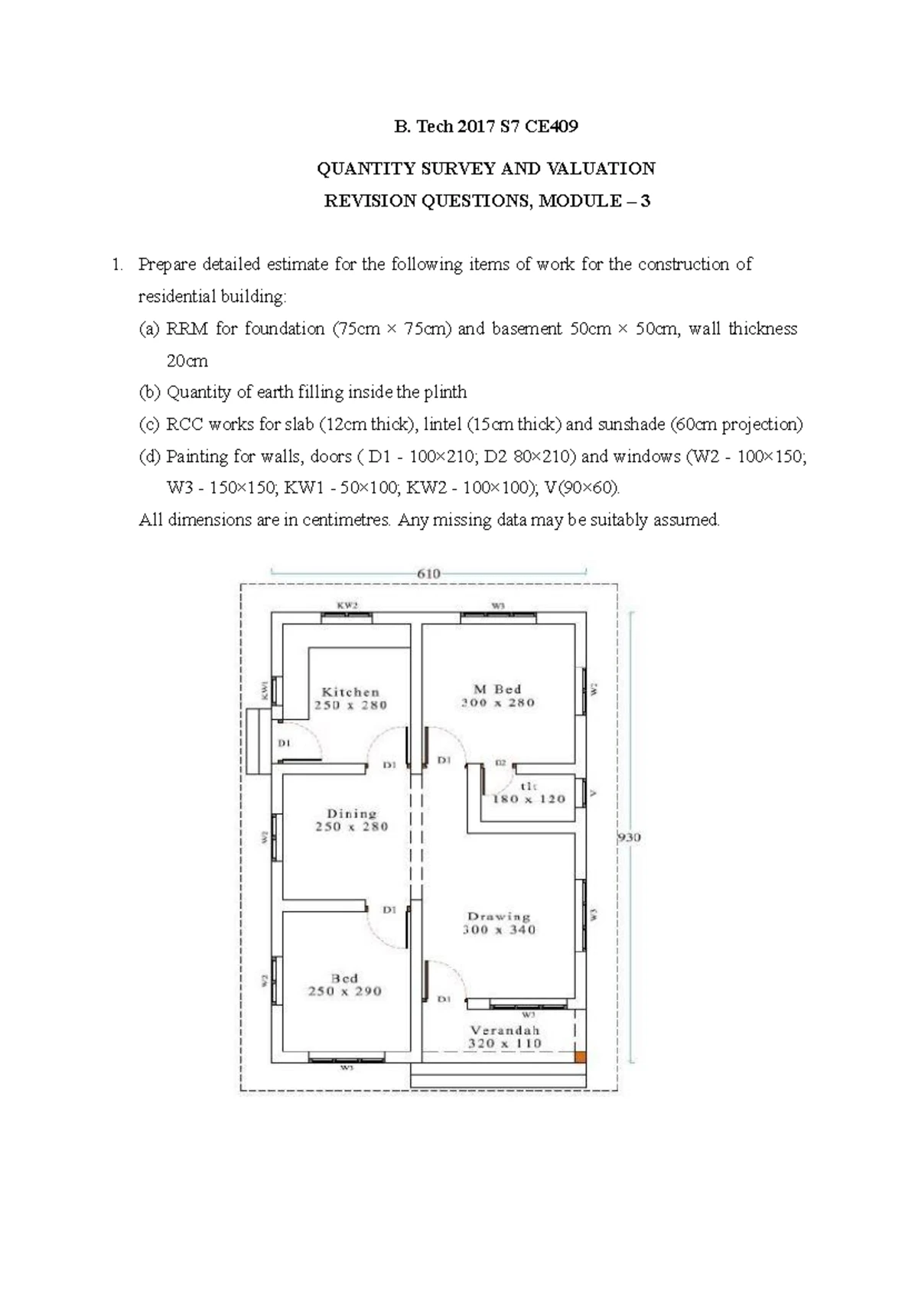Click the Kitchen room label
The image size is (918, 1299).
[x=350, y=692]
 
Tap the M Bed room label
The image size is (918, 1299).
[x=498, y=689]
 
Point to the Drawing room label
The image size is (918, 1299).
[x=499, y=916]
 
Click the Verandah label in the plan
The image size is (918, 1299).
[x=505, y=1030]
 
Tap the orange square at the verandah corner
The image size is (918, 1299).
[x=580, y=1056]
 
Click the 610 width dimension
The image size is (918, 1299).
[x=428, y=573]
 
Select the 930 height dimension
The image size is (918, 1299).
[x=629, y=838]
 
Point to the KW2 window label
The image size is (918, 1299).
[x=347, y=605]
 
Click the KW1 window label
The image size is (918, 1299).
[x=265, y=691]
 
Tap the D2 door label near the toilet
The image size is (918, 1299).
[x=500, y=763]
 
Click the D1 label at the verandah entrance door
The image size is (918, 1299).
[x=444, y=999]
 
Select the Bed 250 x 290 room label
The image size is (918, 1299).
[x=344, y=985]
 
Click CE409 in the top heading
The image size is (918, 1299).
[x=551, y=127]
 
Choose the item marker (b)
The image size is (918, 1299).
[x=150, y=392]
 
